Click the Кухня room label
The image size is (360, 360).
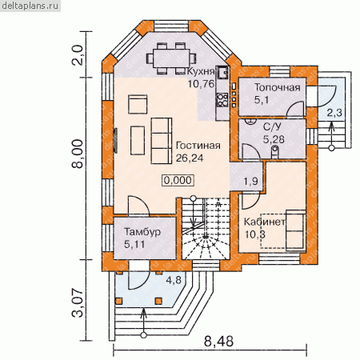click(201, 71)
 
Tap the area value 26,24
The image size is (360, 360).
click(190, 158)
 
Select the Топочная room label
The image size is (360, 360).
click(278, 87)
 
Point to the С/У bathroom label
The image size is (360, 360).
click(272, 126)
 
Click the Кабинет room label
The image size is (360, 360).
click(264, 222)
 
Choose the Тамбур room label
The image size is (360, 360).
click(142, 231)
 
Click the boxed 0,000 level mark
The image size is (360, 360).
click(178, 180)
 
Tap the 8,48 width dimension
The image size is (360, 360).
click(218, 341)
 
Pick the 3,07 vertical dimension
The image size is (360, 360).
click(78, 302)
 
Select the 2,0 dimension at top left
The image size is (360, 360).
click(78, 55)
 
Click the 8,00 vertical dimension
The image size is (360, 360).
click(78, 154)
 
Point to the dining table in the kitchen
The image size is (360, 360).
click(171, 58)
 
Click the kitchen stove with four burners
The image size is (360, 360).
click(222, 100)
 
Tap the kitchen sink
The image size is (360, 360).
click(222, 73)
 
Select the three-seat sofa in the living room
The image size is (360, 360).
click(162, 141)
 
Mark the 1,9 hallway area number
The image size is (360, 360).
click(251, 182)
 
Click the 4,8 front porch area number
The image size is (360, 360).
click(174, 280)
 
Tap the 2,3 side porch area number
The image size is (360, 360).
click(334, 113)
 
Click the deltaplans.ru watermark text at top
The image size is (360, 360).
click(30, 6)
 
